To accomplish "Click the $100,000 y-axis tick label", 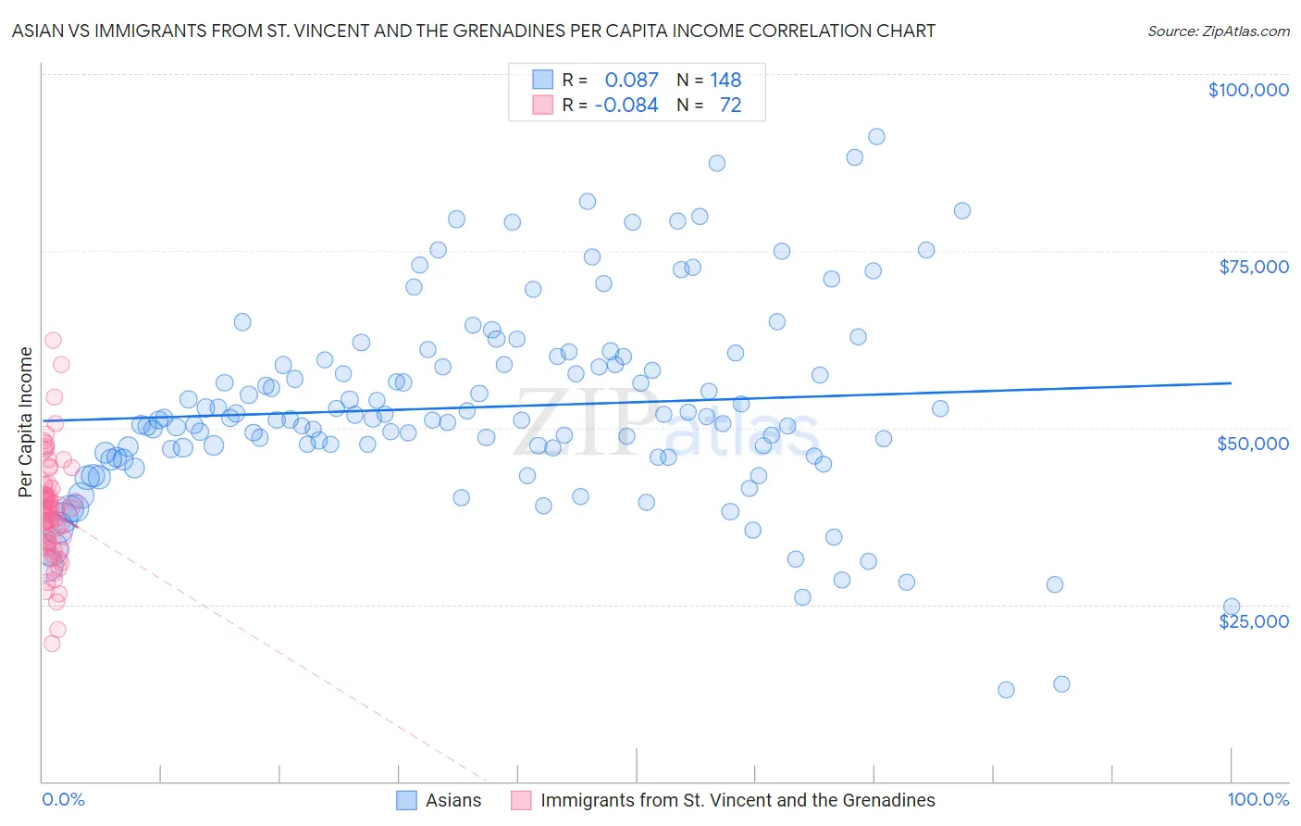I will tap(1248, 90).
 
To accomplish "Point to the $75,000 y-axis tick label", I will tap(1254, 267).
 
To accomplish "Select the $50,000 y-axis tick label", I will tap(1253, 444).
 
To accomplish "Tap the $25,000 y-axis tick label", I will tap(1254, 620).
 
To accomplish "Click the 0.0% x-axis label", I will tap(63, 799).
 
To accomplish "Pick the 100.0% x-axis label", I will tap(1258, 799).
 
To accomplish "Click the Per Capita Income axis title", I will tap(25, 422).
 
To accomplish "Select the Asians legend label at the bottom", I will tap(453, 800).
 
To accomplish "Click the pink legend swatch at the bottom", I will tap(522, 800).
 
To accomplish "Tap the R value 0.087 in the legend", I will tap(631, 80).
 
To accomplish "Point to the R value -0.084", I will tap(626, 105).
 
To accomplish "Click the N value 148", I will tap(725, 80).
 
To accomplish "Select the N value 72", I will tap(730, 105).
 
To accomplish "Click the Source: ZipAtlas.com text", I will tap(1218, 31).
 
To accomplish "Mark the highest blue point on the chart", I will tap(876, 136).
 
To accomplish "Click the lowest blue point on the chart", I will tap(1006, 690).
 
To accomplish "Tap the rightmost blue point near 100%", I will tap(1232, 607).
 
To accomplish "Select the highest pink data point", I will tap(53, 341).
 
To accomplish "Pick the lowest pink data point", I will tap(52, 643).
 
